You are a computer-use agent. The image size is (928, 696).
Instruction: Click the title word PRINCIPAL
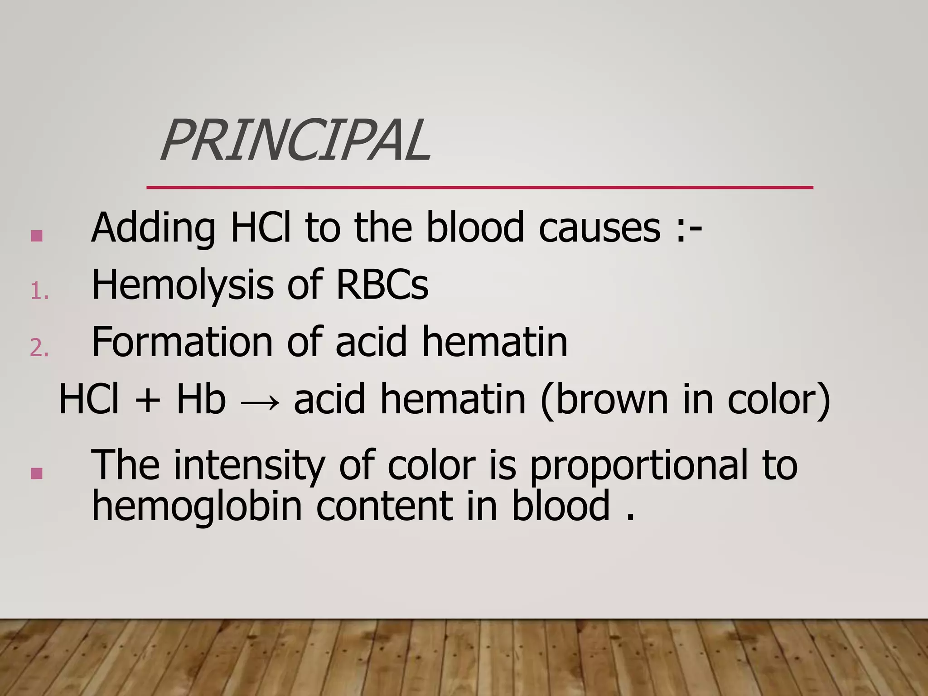[x=295, y=140]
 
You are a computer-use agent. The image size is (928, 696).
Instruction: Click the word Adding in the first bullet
[x=153, y=227]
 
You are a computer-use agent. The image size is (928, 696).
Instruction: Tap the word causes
[x=599, y=227]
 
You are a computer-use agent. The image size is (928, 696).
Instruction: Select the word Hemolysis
[x=182, y=285]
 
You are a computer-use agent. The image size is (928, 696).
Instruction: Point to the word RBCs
[x=382, y=285]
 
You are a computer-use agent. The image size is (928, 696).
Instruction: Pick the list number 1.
[x=39, y=291]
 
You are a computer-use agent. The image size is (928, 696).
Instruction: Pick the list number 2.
[x=39, y=348]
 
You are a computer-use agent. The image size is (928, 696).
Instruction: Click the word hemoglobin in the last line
[x=197, y=507]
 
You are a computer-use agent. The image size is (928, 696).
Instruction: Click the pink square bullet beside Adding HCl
[x=37, y=236]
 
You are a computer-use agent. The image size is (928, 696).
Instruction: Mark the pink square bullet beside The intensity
[x=37, y=474]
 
